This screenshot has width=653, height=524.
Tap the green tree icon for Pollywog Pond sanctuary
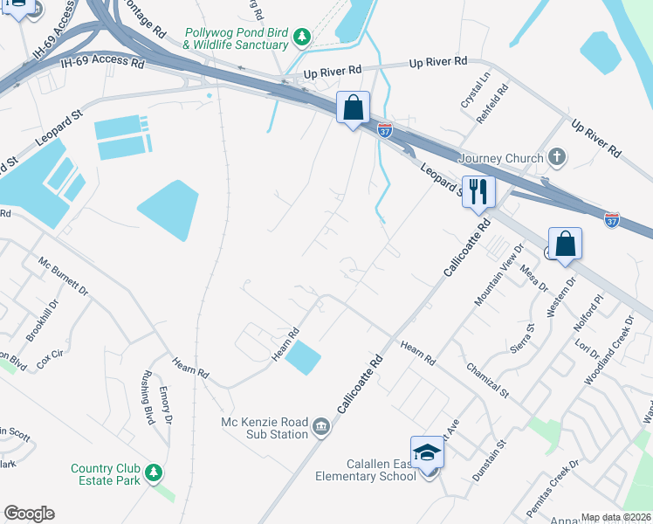click(x=302, y=37)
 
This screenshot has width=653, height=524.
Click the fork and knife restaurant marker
click(x=478, y=191)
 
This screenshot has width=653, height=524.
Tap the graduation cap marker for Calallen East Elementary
click(x=426, y=453)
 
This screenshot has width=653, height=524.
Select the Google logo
click(x=29, y=514)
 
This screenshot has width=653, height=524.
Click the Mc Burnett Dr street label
click(x=64, y=277)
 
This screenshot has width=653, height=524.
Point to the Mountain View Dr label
click(x=498, y=274)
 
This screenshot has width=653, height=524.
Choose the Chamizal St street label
click(x=487, y=380)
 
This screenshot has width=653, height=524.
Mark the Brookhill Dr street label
click(x=41, y=321)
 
